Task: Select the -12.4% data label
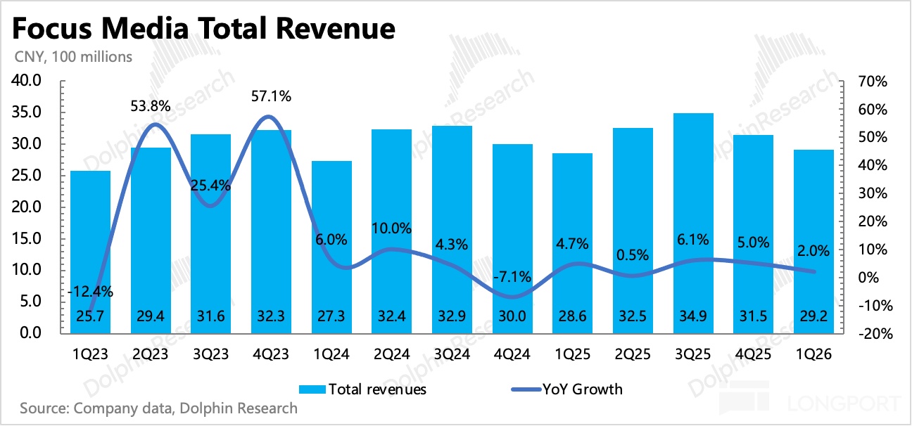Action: [91, 291]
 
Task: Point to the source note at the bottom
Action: [159, 408]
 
